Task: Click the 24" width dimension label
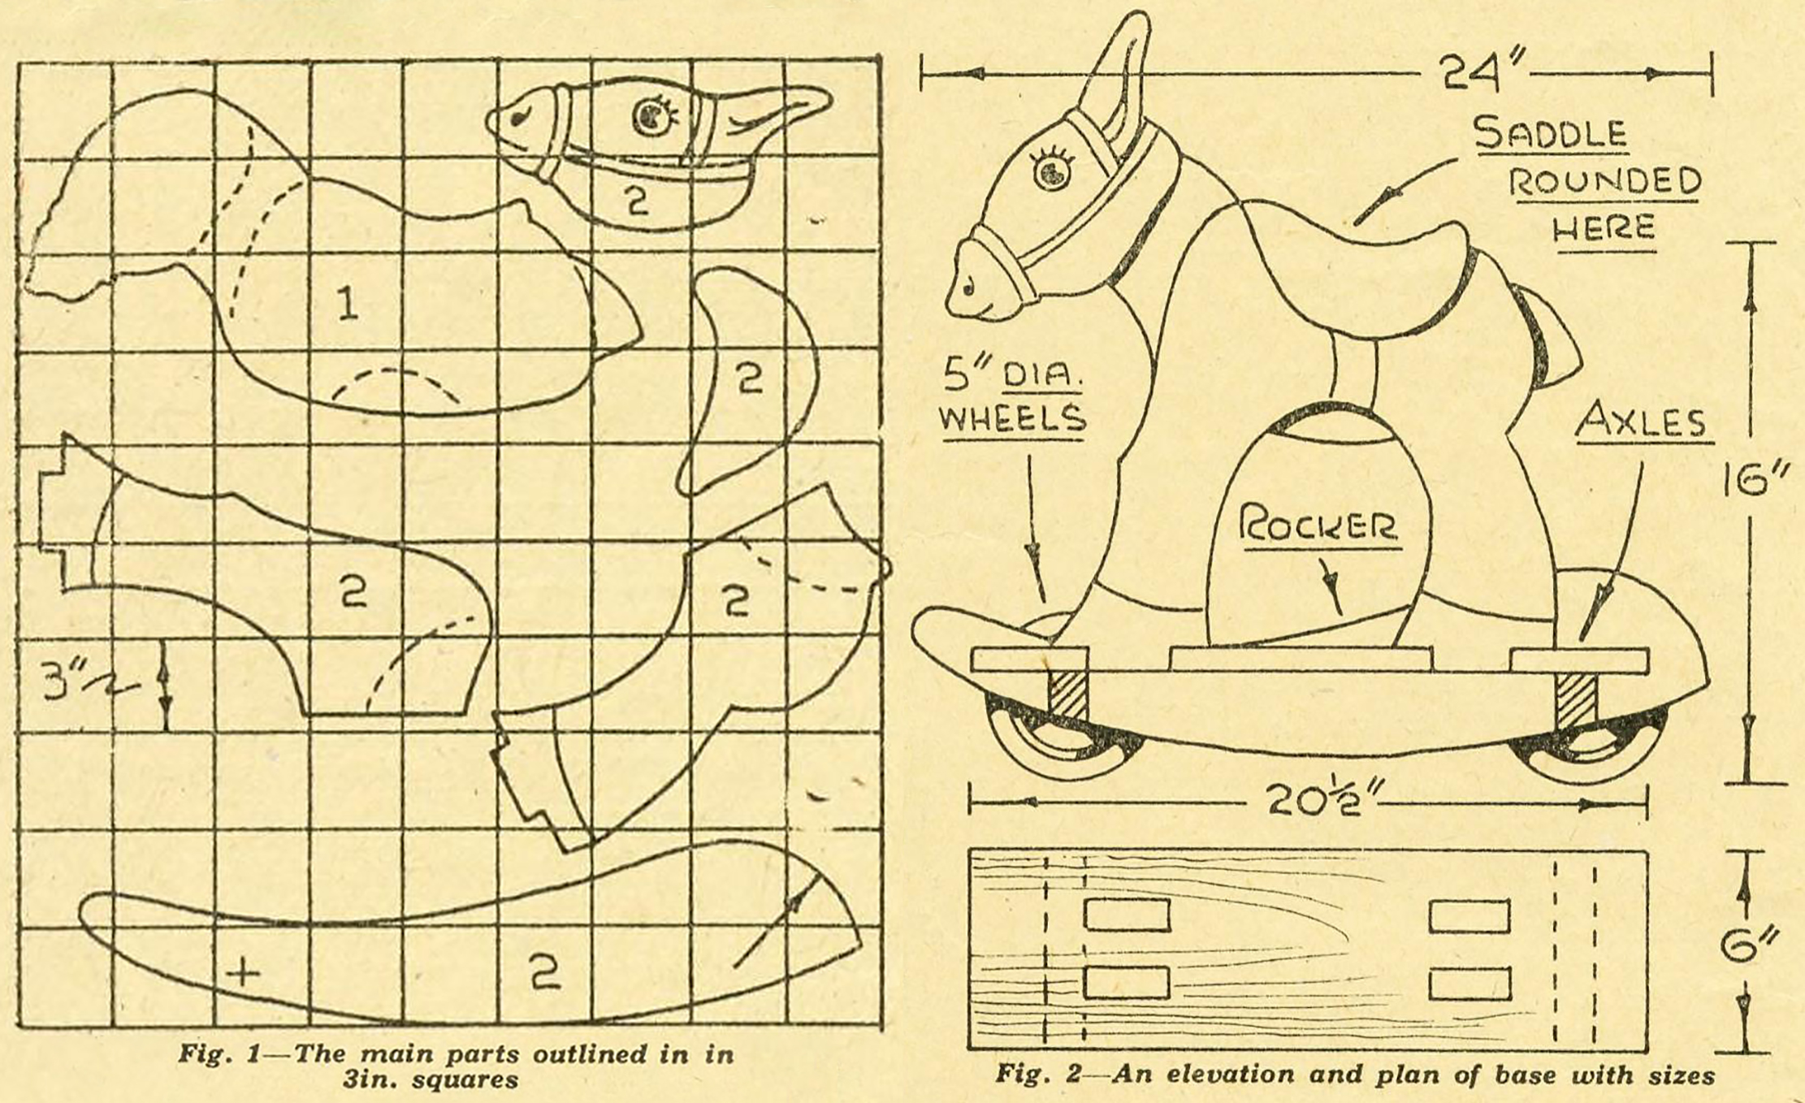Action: click(x=1472, y=71)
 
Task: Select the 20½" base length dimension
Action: click(x=1313, y=802)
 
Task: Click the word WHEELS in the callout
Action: click(x=1012, y=417)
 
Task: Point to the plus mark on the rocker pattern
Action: click(x=242, y=971)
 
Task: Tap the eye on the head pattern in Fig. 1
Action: click(x=651, y=119)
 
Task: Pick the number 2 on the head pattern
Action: click(x=638, y=199)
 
